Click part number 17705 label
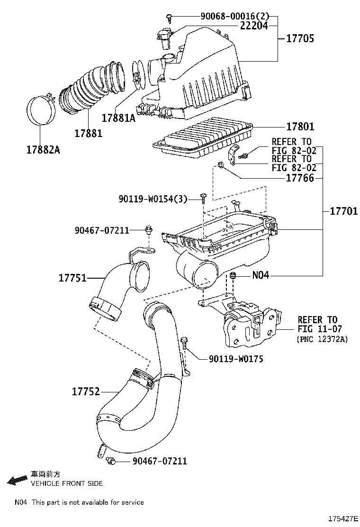click(299, 39)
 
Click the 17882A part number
click(43, 150)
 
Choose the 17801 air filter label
click(300, 127)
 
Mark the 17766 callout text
click(300, 179)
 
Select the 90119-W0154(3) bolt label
click(153, 200)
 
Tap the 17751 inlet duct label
click(72, 278)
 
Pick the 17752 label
click(86, 391)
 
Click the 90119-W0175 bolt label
click(236, 359)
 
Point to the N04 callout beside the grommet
click(260, 275)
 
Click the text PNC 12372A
click(322, 339)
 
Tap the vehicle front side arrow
click(17, 480)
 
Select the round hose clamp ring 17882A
click(39, 112)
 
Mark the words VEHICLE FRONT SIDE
click(67, 483)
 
